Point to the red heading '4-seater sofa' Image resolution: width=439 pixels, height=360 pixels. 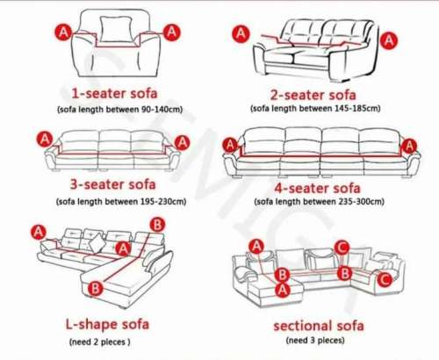(x=318, y=188)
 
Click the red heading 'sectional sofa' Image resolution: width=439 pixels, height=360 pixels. (x=317, y=326)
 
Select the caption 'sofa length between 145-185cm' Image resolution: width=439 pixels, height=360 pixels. (x=315, y=109)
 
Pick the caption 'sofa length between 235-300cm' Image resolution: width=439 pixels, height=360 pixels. (x=319, y=202)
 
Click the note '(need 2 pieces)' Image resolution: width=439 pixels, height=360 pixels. (x=100, y=341)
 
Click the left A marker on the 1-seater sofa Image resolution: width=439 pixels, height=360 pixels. (x=62, y=32)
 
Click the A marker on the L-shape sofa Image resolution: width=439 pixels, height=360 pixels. (x=38, y=232)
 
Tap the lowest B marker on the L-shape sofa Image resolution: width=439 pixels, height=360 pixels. (x=97, y=287)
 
